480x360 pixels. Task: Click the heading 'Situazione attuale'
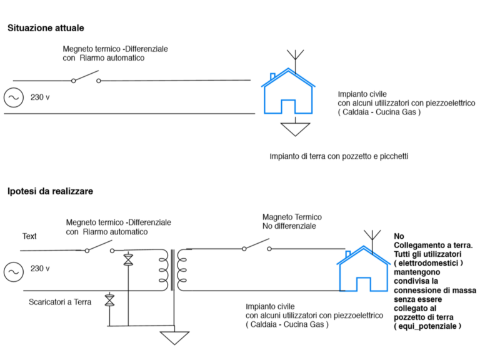pyautogui.click(x=46, y=28)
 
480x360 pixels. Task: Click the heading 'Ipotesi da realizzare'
pyautogui.click(x=51, y=191)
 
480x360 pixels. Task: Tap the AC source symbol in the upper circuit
pyautogui.click(x=12, y=97)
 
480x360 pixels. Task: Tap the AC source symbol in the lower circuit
pyautogui.click(x=12, y=271)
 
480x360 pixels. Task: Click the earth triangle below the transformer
pyautogui.click(x=173, y=337)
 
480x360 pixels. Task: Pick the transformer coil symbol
pyautogui.click(x=174, y=269)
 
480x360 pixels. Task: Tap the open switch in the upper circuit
pyautogui.click(x=86, y=79)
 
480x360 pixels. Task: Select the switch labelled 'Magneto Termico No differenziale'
pyautogui.click(x=256, y=247)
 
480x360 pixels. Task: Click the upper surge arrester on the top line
pyautogui.click(x=128, y=260)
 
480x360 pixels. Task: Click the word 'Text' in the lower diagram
pyautogui.click(x=29, y=236)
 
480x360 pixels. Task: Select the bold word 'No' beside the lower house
pyautogui.click(x=399, y=236)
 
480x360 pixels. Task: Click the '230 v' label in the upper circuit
pyautogui.click(x=40, y=97)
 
